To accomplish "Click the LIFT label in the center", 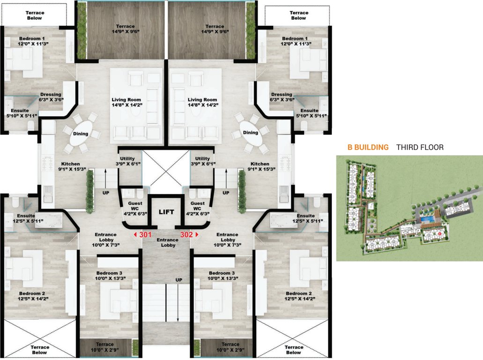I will click(x=166, y=212).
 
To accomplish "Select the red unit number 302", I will click(x=186, y=234).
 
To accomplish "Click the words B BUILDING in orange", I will click(x=368, y=147).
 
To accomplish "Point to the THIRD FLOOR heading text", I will click(x=420, y=147).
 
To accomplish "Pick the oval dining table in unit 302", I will click(x=251, y=133).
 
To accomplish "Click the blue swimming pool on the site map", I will click(x=426, y=219).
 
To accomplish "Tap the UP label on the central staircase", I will click(x=178, y=280).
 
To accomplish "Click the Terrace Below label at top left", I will click(x=34, y=15).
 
